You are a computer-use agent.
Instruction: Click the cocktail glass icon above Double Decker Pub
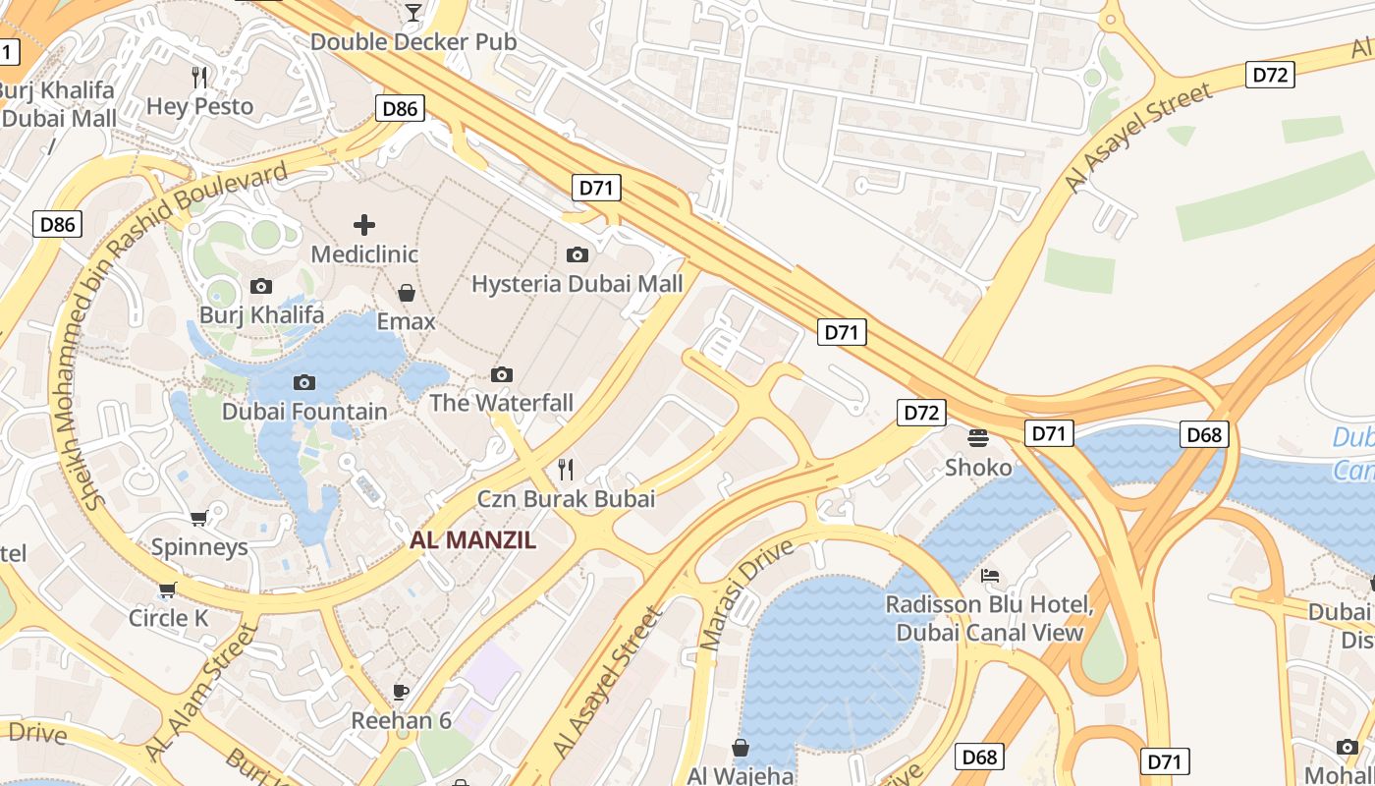coord(413,12)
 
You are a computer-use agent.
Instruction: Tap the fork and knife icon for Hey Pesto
coord(199,77)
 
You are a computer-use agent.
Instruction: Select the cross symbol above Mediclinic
coord(364,225)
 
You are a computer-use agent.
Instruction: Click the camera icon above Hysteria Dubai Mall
coord(577,255)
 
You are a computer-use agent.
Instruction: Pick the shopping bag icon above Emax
coord(406,293)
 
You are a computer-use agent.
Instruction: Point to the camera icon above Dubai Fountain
coord(304,382)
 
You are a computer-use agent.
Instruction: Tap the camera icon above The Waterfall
coord(502,374)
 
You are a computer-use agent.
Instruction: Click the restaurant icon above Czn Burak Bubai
coord(566,470)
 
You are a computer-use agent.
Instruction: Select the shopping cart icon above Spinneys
coord(199,518)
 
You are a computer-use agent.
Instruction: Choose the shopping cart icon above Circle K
coord(168,589)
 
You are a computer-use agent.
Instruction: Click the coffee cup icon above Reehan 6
coord(401,692)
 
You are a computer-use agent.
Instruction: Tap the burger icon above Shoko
coord(978,437)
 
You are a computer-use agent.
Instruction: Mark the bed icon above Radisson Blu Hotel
coord(990,575)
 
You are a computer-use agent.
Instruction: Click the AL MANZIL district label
coord(472,539)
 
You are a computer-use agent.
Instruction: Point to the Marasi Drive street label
coord(745,594)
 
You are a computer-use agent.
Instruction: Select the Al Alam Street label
coord(200,692)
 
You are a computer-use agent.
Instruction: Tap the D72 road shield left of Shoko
coord(921,413)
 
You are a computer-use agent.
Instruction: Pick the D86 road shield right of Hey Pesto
coord(400,108)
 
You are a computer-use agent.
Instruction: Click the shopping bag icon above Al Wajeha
coord(741,748)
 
